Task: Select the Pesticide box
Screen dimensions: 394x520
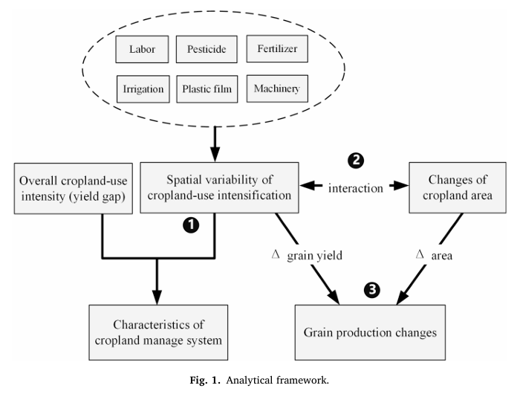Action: coord(206,50)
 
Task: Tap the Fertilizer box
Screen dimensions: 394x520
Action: coord(276,50)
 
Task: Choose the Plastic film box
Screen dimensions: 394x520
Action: coord(206,90)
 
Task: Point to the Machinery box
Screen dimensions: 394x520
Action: coord(276,90)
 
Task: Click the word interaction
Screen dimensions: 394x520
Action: coord(356,188)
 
